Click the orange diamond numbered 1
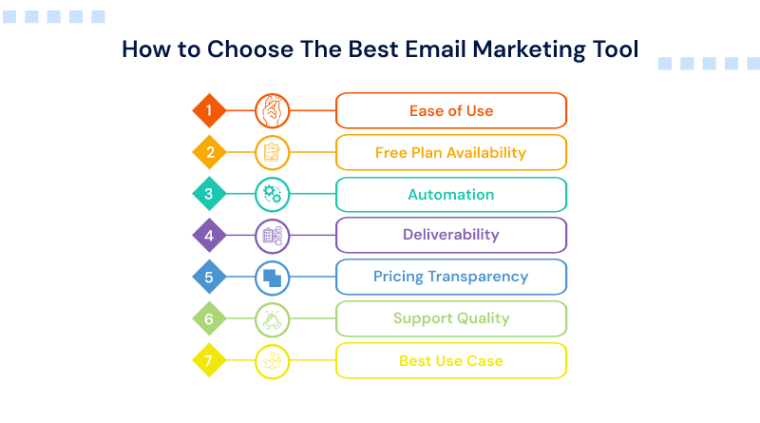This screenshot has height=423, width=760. coord(209,110)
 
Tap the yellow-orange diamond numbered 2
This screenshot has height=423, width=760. coord(209,152)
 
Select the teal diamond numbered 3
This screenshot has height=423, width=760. coord(209,194)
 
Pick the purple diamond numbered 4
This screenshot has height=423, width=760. coord(209,235)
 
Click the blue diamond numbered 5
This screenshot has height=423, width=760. coord(209,277)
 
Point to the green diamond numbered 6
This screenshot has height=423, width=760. coord(209,318)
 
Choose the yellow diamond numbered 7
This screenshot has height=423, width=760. coord(209,360)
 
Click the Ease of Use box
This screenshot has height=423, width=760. coord(451,110)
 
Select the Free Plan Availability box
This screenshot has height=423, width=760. coord(451,152)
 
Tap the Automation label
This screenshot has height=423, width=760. coord(451,194)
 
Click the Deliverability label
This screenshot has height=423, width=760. coord(451,235)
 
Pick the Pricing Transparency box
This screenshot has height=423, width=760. coord(451,277)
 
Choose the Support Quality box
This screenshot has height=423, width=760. coord(451,318)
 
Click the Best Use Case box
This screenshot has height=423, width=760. coord(451,360)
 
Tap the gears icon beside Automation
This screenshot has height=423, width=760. coord(273,194)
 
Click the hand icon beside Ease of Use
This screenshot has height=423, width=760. coord(273,110)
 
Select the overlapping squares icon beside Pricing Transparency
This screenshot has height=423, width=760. coord(273,278)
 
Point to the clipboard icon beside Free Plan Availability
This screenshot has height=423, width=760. coord(273,152)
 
